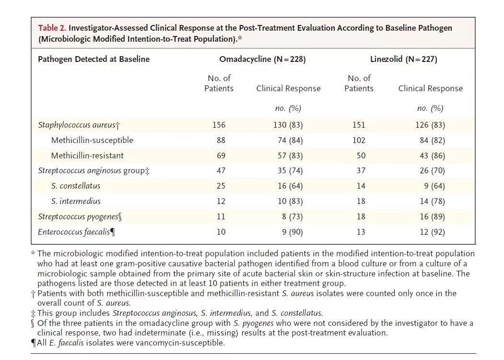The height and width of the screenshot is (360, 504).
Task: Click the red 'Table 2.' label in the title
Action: [x=52, y=28]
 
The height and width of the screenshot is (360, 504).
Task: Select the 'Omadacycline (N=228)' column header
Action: [x=262, y=59]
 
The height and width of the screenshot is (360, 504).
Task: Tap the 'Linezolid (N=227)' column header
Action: [x=404, y=59]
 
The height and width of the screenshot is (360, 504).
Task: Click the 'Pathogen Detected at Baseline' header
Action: [x=94, y=59]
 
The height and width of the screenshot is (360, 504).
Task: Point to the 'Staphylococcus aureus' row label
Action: [x=77, y=125]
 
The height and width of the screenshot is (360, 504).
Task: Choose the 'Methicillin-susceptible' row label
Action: [x=92, y=140]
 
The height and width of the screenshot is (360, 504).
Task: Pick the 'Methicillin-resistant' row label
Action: [x=87, y=156]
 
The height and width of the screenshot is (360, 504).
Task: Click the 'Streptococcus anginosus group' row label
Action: [x=92, y=171]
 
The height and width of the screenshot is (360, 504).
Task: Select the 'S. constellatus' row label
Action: [x=76, y=186]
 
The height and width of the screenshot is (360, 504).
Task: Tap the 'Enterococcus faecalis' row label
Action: [x=74, y=232]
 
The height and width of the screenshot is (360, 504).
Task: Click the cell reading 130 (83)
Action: [x=288, y=125]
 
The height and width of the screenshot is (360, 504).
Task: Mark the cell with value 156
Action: [x=219, y=125]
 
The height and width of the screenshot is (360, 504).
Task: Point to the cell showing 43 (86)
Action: [x=433, y=156]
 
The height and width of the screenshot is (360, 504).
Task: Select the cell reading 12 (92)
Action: [x=433, y=232]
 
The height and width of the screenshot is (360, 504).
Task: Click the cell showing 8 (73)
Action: [x=293, y=216]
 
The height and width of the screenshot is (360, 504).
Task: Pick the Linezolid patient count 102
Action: [x=359, y=140]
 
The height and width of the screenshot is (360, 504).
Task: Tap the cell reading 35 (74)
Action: [x=290, y=170]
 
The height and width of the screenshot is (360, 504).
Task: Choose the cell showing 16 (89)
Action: [x=433, y=216]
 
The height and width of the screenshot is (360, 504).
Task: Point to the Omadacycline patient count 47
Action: [x=221, y=170]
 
